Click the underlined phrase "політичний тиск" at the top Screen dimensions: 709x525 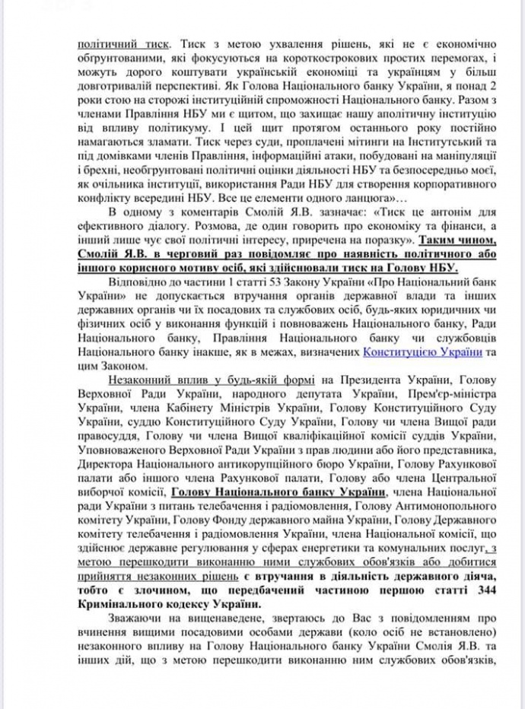click(x=121, y=44)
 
